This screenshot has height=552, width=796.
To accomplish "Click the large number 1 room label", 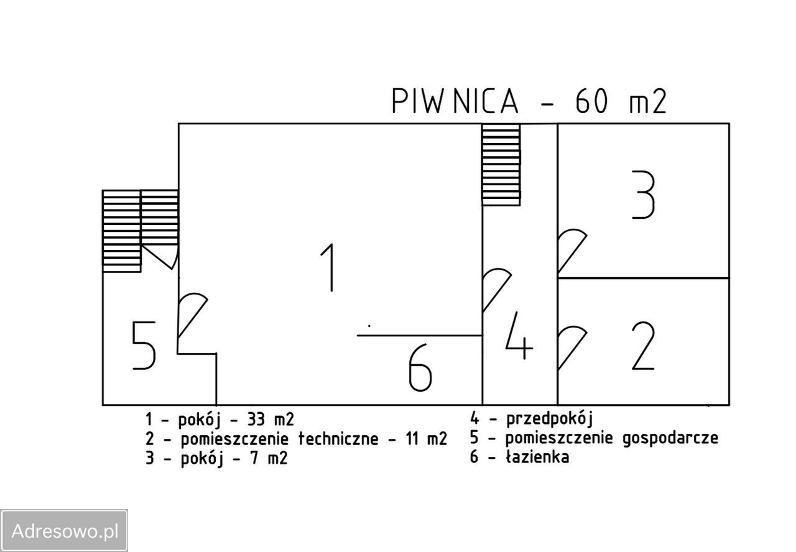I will pyautogui.click(x=330, y=267).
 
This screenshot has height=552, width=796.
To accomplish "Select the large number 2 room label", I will pyautogui.click(x=643, y=348).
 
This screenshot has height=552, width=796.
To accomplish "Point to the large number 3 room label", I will pyautogui.click(x=643, y=196).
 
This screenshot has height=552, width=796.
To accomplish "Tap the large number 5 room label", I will pyautogui.click(x=144, y=346).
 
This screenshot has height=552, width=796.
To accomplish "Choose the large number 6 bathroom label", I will pyautogui.click(x=420, y=369).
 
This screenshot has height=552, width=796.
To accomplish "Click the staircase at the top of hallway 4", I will pyautogui.click(x=501, y=164).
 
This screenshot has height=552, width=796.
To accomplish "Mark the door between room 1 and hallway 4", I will pyautogui.click(x=496, y=288).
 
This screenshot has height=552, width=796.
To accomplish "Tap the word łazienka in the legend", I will pyautogui.click(x=537, y=458).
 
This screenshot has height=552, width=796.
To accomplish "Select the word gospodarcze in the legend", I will pyautogui.click(x=670, y=438).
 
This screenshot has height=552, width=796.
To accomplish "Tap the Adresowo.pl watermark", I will pyautogui.click(x=65, y=531).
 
